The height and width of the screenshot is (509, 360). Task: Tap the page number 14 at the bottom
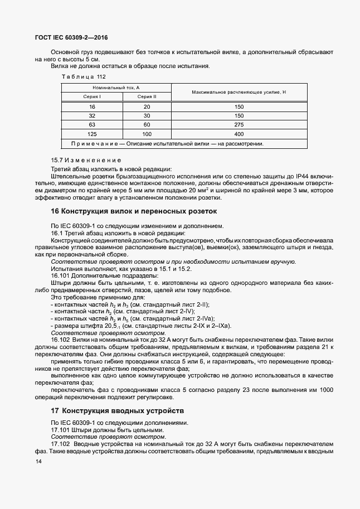point(38,462)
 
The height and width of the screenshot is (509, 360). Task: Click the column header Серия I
point(92,96)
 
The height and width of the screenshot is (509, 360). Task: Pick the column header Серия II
point(147,96)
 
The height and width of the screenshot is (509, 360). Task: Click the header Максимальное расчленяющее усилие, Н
point(239,92)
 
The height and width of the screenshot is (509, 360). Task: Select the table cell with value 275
point(239,125)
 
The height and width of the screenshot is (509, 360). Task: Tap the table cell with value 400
point(239,134)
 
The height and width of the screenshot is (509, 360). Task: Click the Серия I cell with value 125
point(92,134)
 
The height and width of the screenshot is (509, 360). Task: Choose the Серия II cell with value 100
point(147,134)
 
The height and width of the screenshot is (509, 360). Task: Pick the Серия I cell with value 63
point(92,125)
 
